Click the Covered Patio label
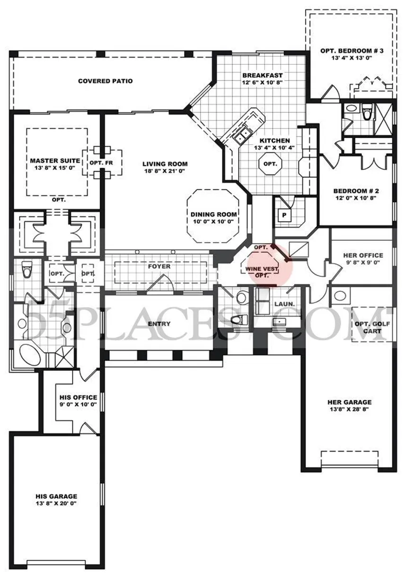(105, 81)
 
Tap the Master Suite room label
(55, 161)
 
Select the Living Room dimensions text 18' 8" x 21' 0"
(165, 171)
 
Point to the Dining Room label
(213, 214)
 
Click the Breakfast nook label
(262, 75)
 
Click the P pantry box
(284, 215)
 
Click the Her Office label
(363, 255)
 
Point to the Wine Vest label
(261, 270)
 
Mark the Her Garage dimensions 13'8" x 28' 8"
(350, 410)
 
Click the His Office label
(78, 397)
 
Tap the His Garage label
(56, 496)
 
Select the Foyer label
(159, 267)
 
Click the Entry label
(159, 323)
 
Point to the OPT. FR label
(99, 163)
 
